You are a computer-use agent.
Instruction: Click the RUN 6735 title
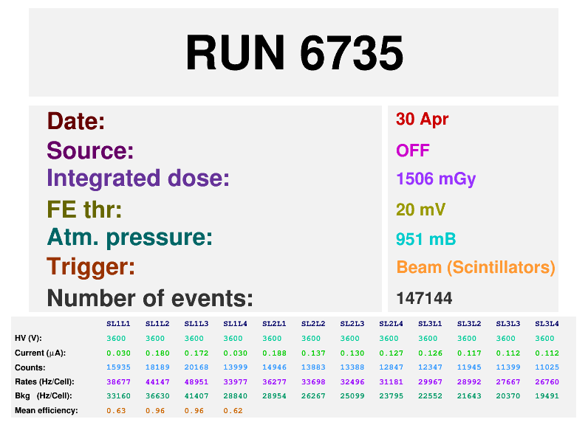[294, 53]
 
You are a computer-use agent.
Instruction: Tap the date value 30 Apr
[422, 120]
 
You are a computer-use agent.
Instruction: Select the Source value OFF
[412, 151]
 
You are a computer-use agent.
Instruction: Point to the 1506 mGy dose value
[436, 179]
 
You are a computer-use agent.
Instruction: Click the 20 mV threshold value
[420, 210]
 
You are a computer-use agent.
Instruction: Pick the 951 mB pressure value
[425, 239]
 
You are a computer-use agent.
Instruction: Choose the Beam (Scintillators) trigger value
[476, 267]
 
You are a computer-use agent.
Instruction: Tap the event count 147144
[424, 298]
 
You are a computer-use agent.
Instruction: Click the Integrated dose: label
[138, 179]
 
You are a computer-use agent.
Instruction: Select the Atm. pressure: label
[129, 238]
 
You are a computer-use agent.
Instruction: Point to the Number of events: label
[150, 298]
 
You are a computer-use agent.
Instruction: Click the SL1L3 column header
[196, 324]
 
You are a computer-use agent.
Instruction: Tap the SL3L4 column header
[546, 324]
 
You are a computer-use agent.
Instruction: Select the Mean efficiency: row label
[46, 410]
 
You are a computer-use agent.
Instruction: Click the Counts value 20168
[196, 367]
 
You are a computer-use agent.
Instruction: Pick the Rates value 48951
[196, 381]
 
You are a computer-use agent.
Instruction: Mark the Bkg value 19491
[546, 395]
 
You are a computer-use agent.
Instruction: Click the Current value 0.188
[274, 353]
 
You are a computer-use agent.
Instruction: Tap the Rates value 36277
[274, 381]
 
